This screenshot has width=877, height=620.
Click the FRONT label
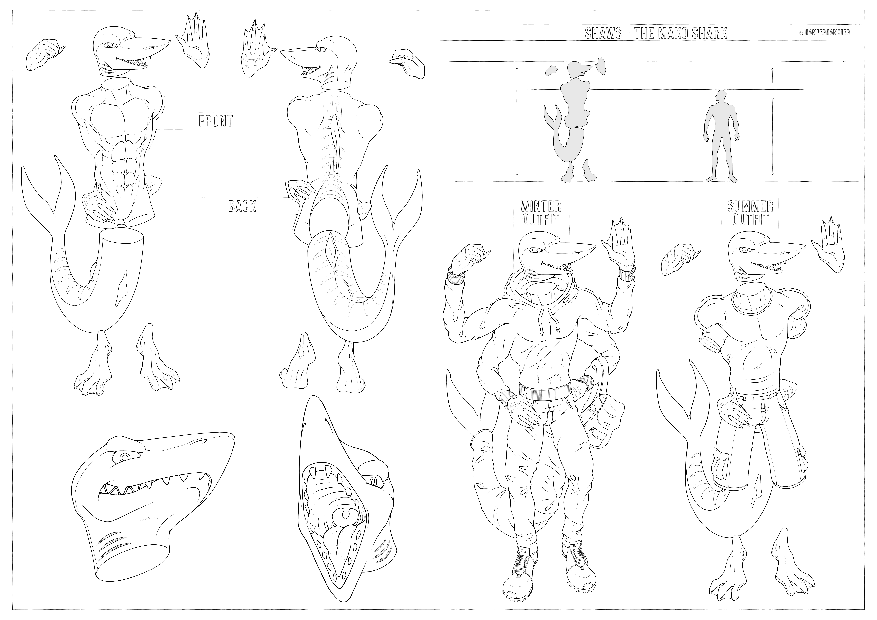coord(216,121)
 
